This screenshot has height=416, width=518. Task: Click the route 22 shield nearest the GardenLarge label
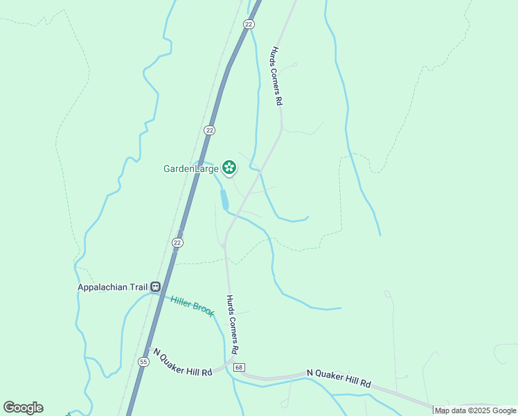[x=209, y=130]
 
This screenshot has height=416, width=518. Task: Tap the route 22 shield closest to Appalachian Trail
[x=178, y=242]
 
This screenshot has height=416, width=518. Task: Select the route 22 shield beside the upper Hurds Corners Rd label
[x=249, y=24]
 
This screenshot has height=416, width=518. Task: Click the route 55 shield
[x=143, y=361]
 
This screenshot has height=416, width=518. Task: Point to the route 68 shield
[x=239, y=366]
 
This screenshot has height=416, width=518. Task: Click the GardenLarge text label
[x=191, y=168]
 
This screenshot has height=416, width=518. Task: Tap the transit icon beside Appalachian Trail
[x=156, y=286]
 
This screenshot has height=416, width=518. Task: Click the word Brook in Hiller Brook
[x=203, y=309]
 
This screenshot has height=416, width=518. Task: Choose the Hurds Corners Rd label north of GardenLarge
[x=276, y=76]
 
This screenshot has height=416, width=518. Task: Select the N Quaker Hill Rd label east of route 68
[x=339, y=379]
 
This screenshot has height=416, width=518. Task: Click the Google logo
[x=23, y=408]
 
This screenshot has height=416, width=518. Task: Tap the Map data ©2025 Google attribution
[x=476, y=410]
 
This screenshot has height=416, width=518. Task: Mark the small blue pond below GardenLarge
[x=224, y=200]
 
